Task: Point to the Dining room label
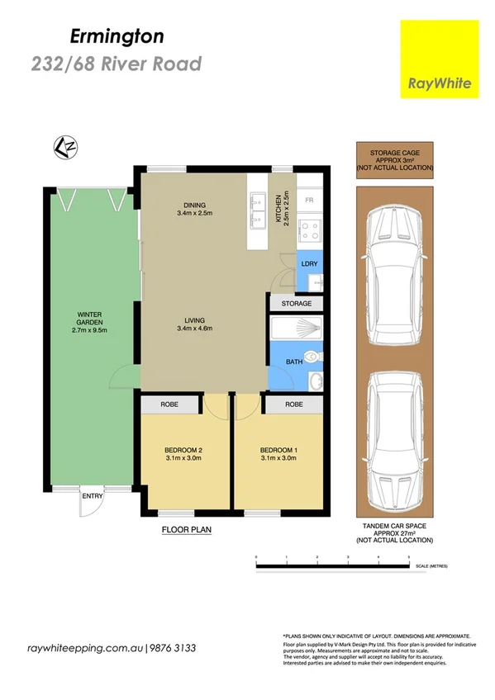(194, 210)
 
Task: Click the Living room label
(194, 325)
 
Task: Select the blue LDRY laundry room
(308, 264)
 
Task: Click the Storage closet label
(297, 304)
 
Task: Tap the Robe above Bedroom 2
(169, 405)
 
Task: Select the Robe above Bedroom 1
(293, 405)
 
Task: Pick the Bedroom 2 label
(184, 453)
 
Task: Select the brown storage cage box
(395, 159)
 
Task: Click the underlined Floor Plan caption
(186, 530)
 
